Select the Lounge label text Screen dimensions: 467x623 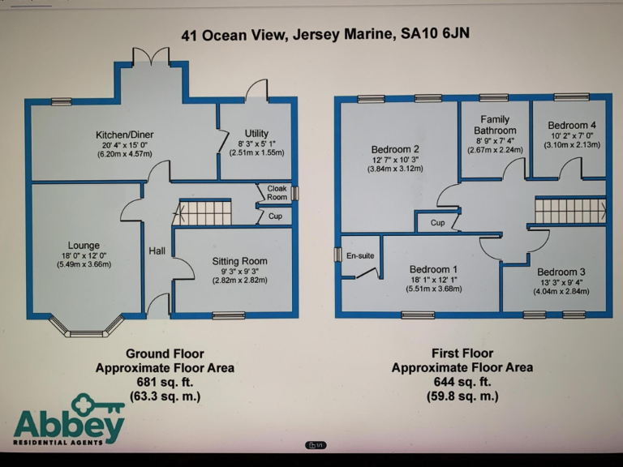pos(84,246)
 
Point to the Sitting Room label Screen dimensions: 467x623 pos(239,261)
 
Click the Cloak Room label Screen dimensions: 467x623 pos(277,192)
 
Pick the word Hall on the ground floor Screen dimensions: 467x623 pos(157,251)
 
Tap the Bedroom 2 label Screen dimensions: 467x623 pos(395,149)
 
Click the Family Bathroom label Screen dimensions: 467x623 pos(495,125)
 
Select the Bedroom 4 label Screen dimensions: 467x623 pos(572,125)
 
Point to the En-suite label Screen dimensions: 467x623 pos(360,256)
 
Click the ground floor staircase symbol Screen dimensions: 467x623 pos(204,213)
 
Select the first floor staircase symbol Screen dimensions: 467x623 pos(569,211)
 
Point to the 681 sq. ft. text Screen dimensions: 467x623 pos(165,382)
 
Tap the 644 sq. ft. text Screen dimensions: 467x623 pos(462,382)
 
